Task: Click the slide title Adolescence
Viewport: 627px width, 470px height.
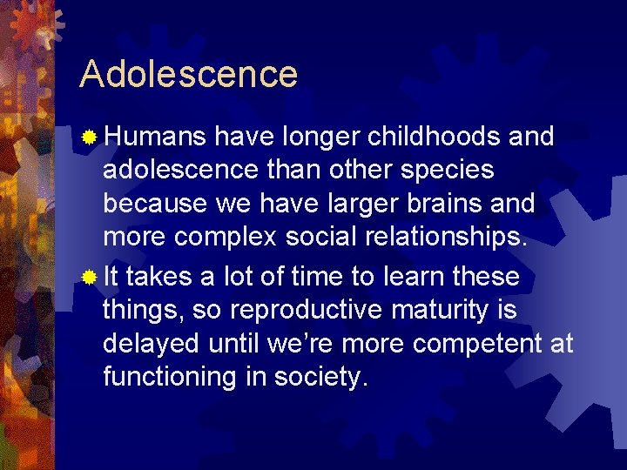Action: coord(188,74)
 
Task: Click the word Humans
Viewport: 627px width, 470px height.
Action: coord(155,137)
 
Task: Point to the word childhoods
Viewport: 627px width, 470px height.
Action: coord(434,137)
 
